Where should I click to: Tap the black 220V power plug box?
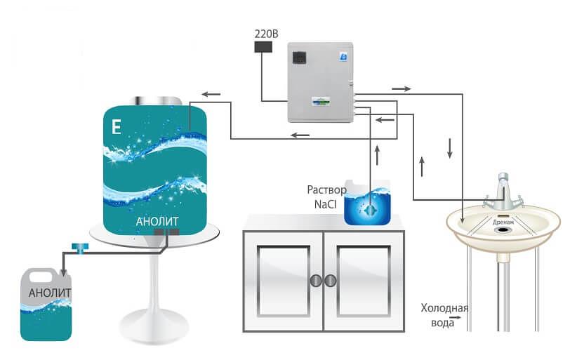pyautogui.click(x=263, y=47)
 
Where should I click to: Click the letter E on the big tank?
pyautogui.click(x=116, y=128)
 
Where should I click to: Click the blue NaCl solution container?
pyautogui.click(x=369, y=204)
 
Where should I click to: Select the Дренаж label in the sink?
pyautogui.click(x=503, y=222)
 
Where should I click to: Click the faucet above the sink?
pyautogui.click(x=503, y=189)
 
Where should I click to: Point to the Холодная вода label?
pyautogui.click(x=444, y=314)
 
